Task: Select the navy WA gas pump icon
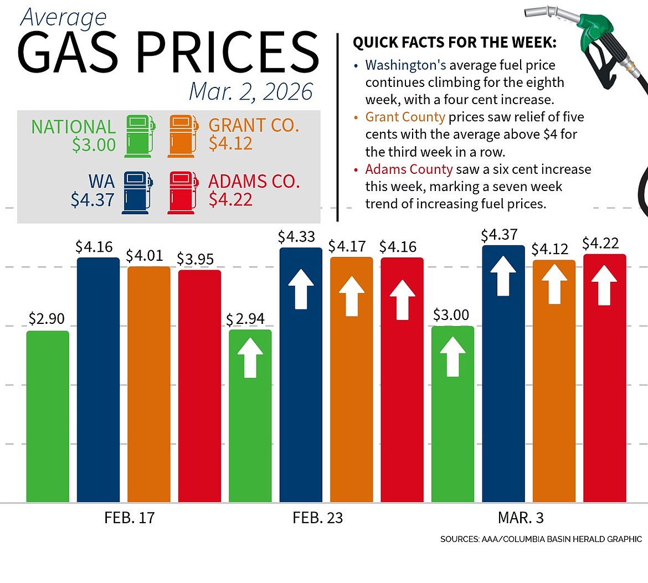point(137,192)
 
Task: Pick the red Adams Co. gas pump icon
point(182,192)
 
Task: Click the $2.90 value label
point(47,319)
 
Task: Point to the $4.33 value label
point(296,237)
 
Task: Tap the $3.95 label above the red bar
point(195,259)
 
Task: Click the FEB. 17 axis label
point(129,518)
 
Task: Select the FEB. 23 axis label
point(317,518)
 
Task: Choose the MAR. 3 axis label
point(521,518)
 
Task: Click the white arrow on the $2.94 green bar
point(250,358)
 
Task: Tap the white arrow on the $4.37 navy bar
point(503,275)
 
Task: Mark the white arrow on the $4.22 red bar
point(604,285)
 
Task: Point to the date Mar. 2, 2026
point(251,92)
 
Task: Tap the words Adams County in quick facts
point(409,169)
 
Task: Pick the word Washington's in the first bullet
point(405,65)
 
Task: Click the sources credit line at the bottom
point(541,539)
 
